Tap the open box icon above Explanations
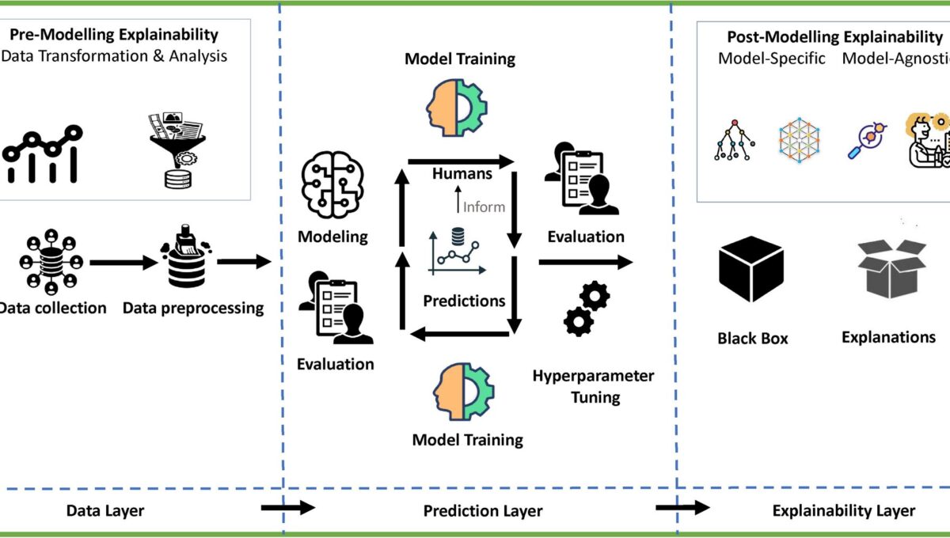coord(891,269)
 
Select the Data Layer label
coord(104,511)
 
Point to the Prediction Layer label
coord(483,511)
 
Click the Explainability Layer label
coord(843,511)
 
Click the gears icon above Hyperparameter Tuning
coord(587,309)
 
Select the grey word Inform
coord(484,207)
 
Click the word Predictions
coord(464,301)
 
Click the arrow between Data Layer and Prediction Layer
coord(287,508)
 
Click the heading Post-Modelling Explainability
coord(823,37)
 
